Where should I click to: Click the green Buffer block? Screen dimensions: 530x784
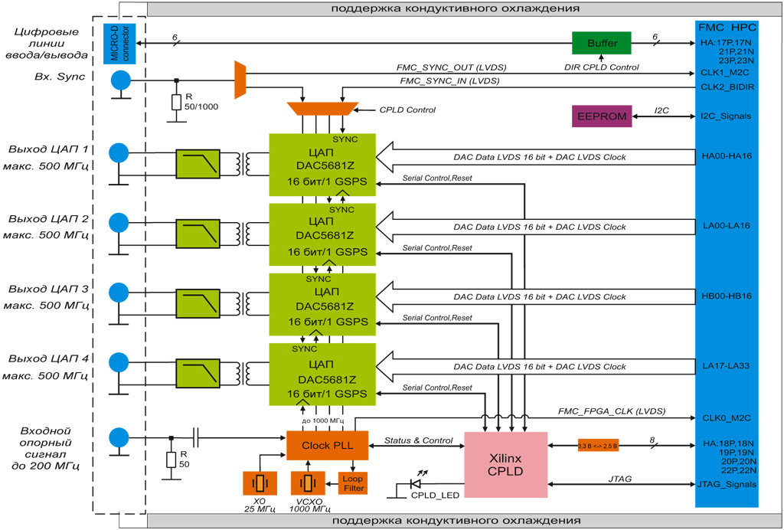tap(602, 43)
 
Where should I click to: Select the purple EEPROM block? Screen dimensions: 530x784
tap(602, 116)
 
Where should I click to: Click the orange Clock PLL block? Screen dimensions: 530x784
tap(327, 445)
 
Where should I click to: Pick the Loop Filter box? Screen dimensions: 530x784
tap(353, 483)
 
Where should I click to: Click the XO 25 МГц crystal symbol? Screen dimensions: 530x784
tap(260, 483)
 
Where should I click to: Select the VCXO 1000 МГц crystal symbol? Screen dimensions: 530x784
tap(308, 483)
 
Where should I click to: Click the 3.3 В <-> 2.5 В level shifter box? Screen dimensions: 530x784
tap(598, 445)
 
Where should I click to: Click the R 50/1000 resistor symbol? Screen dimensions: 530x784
tap(176, 101)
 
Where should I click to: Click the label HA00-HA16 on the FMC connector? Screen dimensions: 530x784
tap(726, 156)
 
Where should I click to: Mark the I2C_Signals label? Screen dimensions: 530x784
tap(726, 116)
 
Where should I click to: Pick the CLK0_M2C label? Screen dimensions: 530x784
tap(726, 417)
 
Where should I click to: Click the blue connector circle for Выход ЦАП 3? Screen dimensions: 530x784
tap(119, 293)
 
